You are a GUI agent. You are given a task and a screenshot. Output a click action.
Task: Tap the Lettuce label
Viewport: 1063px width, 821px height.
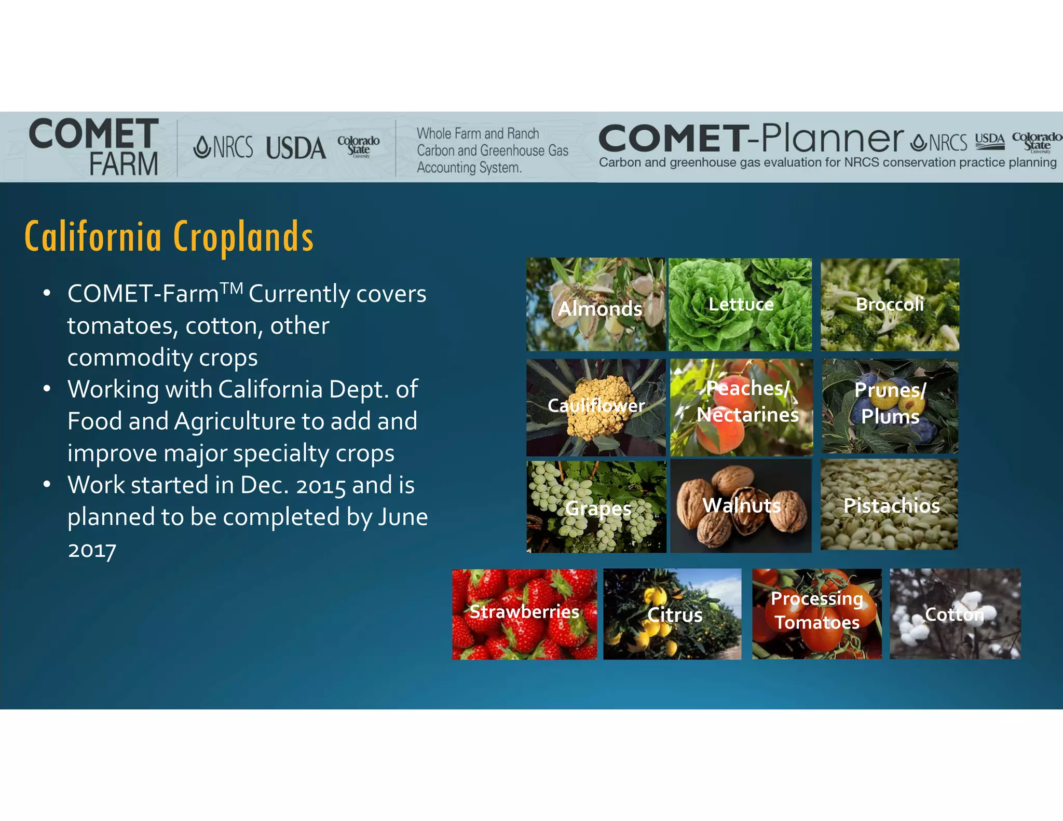741,304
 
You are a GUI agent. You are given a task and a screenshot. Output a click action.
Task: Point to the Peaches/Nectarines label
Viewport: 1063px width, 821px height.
747,402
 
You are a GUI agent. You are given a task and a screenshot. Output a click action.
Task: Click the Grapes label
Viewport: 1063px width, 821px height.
598,509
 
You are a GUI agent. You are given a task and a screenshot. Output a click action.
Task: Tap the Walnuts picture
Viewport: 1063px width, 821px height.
741,505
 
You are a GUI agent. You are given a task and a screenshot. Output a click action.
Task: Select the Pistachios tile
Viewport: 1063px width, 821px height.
889,504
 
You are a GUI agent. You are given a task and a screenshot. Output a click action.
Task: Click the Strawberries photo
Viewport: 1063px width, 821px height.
524,614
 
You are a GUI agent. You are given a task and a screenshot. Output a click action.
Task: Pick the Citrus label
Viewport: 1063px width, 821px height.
675,615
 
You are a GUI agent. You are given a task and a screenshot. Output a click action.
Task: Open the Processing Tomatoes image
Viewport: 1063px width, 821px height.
816,614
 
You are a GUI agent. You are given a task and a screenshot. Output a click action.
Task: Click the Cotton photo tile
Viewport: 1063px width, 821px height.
955,614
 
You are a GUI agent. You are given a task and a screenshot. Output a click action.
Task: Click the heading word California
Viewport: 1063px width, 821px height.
93,237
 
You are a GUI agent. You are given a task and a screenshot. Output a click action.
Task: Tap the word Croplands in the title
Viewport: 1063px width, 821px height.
243,237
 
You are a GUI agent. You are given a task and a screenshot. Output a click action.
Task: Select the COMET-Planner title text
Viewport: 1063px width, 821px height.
751,139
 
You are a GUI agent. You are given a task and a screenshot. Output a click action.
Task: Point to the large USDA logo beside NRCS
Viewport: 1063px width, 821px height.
296,148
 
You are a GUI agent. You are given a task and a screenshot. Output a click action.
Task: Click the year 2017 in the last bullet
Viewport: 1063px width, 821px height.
92,550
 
